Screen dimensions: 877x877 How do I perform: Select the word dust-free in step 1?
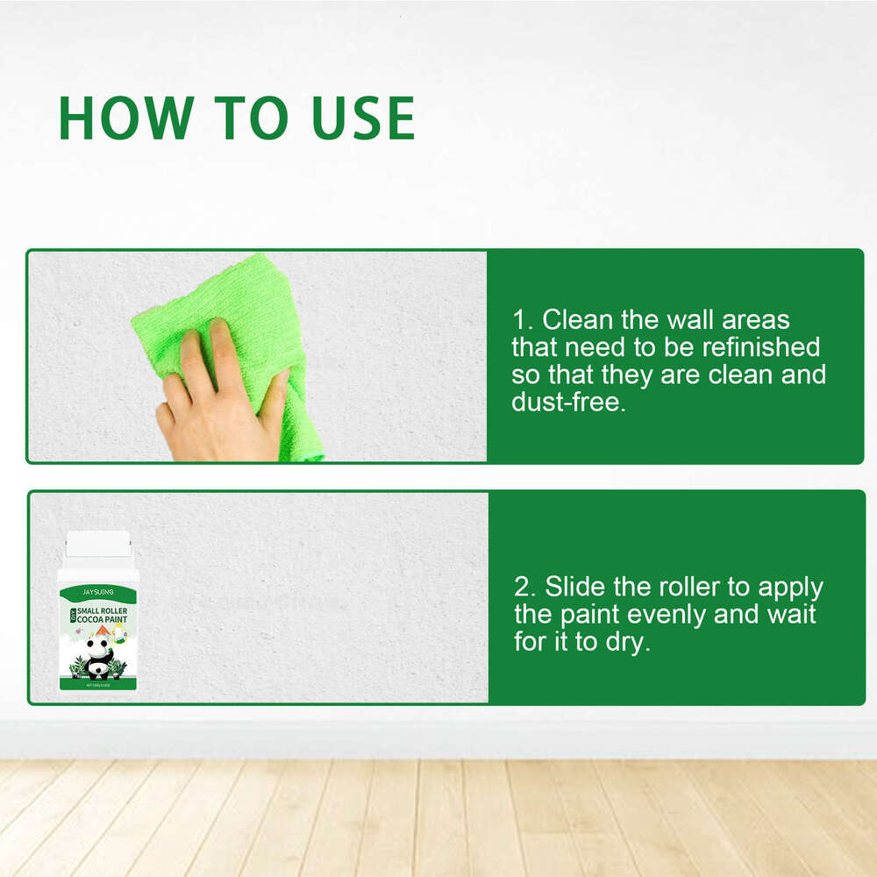pos(568,403)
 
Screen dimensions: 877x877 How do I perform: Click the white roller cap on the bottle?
pos(97,545)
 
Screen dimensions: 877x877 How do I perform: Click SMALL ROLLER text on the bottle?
pos(103,609)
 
